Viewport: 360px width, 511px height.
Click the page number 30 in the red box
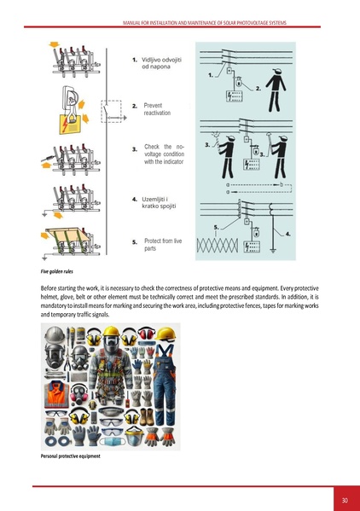click(344, 499)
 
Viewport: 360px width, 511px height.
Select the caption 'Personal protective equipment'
click(71, 456)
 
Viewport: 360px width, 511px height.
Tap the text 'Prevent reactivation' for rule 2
click(158, 108)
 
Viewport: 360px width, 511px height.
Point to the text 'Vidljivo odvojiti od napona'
click(161, 64)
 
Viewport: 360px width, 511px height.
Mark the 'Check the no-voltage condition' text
click(164, 154)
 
